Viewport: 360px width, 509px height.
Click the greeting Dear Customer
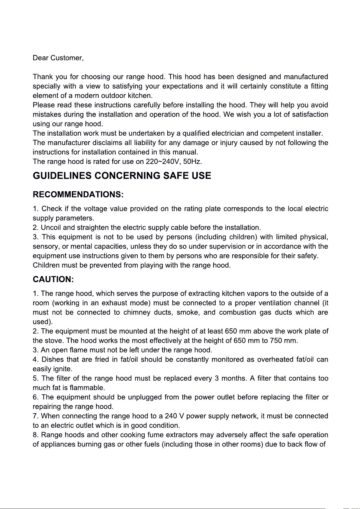click(x=58, y=58)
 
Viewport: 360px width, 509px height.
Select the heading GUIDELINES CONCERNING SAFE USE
click(x=122, y=176)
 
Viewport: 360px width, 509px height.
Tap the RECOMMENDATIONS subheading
click(x=78, y=194)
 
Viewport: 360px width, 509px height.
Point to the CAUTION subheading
click(x=53, y=279)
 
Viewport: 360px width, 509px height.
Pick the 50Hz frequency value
click(x=193, y=162)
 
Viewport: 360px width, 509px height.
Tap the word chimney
click(x=137, y=312)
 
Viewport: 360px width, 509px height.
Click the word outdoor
click(x=113, y=96)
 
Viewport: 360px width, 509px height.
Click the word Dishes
click(x=53, y=359)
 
